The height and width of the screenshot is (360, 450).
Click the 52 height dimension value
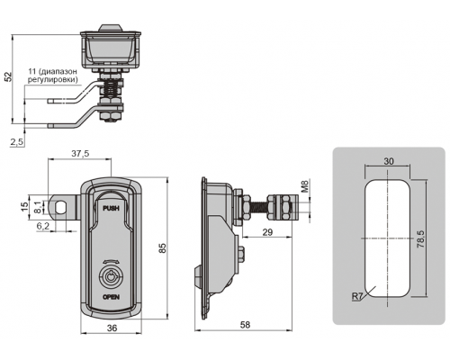tap(9, 76)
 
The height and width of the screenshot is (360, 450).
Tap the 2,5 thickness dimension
tap(16, 142)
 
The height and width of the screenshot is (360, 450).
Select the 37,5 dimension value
tap(80, 154)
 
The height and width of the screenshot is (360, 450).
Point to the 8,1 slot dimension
tap(37, 207)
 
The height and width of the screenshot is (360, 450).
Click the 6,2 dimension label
tap(42, 226)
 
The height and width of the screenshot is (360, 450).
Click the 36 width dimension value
tap(112, 328)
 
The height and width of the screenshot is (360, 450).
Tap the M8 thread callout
tap(304, 186)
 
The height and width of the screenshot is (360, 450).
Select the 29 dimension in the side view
tap(267, 232)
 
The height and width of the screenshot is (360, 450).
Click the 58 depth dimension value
tap(245, 325)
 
